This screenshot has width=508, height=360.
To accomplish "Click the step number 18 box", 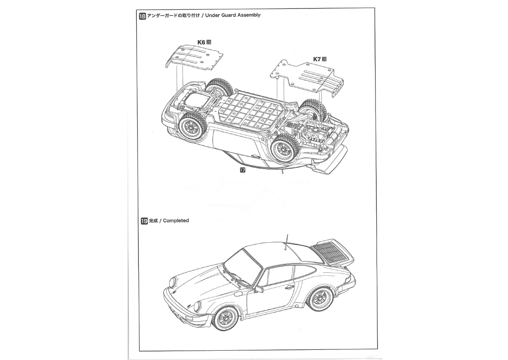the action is (x=142, y=17).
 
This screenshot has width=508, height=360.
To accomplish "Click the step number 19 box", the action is (x=144, y=221).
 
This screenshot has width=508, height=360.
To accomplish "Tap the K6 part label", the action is (x=201, y=42).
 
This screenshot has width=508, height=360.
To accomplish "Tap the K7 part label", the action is (x=317, y=59).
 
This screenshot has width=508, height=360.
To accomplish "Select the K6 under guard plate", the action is (x=194, y=57).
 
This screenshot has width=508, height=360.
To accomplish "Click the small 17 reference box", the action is (x=243, y=170).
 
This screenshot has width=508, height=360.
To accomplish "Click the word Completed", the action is (x=176, y=221).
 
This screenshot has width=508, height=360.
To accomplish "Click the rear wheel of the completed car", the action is (x=320, y=299).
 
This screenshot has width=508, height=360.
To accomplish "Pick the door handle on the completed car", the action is (x=289, y=288).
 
